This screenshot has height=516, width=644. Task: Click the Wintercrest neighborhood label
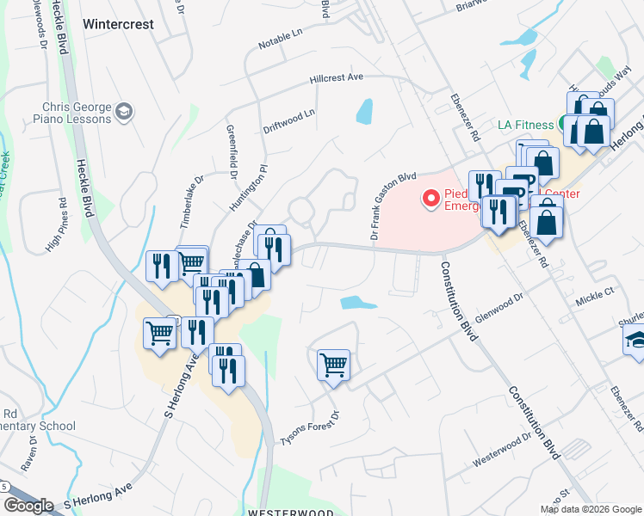pyautogui.click(x=119, y=24)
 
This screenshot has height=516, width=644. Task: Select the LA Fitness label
pyautogui.click(x=525, y=125)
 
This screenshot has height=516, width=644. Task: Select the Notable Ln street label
pyautogui.click(x=280, y=39)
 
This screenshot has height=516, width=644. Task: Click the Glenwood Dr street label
pyautogui.click(x=499, y=304)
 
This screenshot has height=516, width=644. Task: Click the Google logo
pyautogui.click(x=28, y=506)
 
